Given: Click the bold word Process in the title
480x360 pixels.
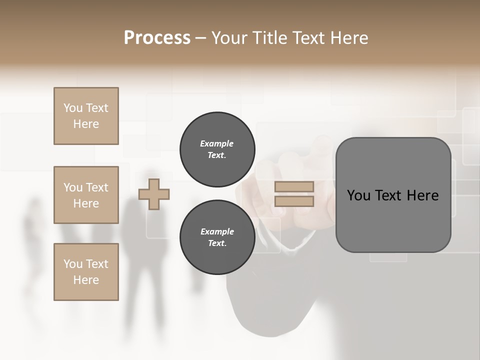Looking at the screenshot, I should click(x=157, y=38).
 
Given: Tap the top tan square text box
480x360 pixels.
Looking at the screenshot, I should click(x=86, y=116).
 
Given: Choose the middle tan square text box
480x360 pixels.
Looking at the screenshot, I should click(x=86, y=195).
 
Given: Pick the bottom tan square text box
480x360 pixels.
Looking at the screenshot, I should click(x=86, y=271).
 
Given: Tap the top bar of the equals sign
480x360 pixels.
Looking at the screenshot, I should click(x=294, y=186).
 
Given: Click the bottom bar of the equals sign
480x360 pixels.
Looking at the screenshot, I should click(x=294, y=201).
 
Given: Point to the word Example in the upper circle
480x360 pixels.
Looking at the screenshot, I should click(x=217, y=143).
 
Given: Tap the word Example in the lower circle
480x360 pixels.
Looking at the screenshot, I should click(x=217, y=231).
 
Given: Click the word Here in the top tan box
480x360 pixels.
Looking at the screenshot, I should click(x=86, y=124).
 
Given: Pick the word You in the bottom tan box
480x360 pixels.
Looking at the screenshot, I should click(x=73, y=264).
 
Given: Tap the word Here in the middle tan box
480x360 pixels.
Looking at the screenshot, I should click(x=86, y=203).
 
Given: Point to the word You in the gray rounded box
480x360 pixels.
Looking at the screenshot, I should click(x=358, y=195).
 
